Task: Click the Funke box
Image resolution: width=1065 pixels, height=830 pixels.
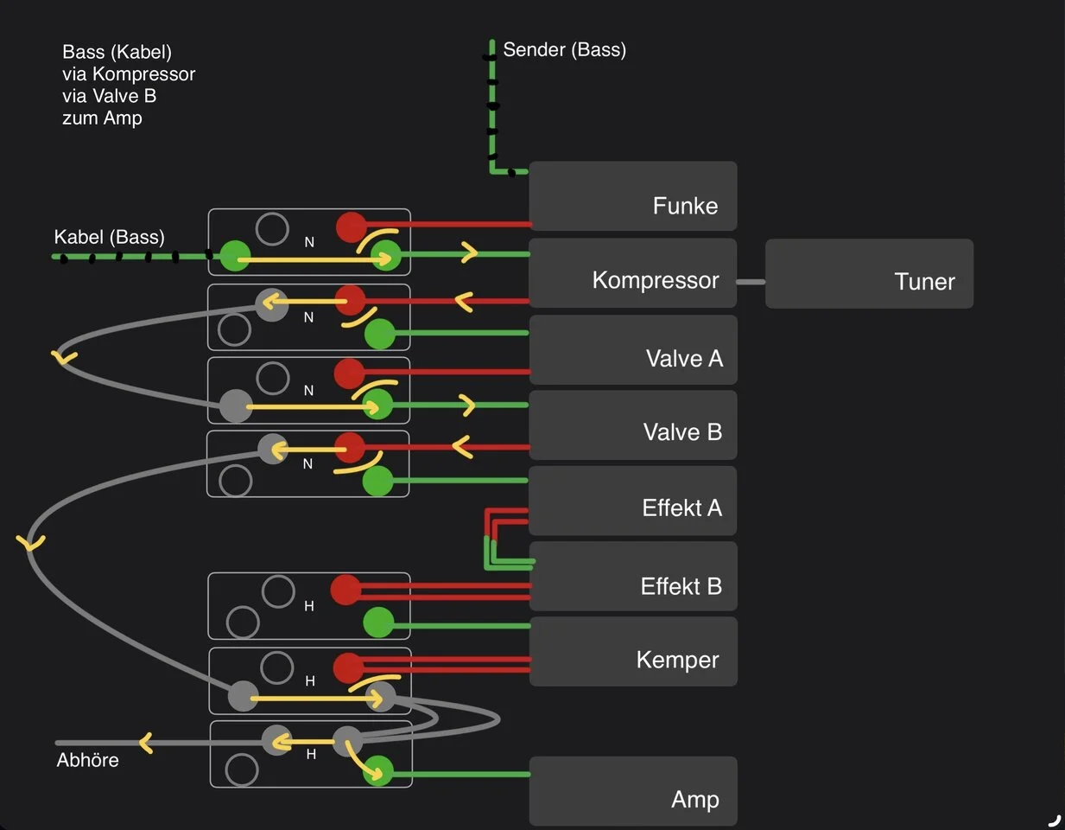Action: (632, 196)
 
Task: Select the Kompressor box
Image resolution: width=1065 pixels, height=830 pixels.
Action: (632, 273)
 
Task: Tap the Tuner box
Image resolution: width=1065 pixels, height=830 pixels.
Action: (869, 273)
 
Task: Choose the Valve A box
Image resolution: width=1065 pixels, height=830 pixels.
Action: (632, 350)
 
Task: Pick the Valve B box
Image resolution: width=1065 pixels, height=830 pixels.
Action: (632, 425)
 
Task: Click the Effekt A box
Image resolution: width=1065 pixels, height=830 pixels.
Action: (632, 501)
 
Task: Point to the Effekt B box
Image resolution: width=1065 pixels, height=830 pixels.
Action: (632, 577)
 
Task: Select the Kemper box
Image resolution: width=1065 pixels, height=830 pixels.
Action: (632, 652)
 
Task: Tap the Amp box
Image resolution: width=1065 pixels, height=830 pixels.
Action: (632, 791)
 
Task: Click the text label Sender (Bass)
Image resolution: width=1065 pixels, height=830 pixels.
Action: (564, 49)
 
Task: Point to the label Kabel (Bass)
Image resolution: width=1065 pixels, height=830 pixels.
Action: (109, 237)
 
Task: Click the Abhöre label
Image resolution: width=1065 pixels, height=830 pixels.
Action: (87, 760)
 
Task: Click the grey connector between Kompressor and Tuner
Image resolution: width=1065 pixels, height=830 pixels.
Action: (751, 282)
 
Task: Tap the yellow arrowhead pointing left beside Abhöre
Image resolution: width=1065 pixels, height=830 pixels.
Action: (145, 743)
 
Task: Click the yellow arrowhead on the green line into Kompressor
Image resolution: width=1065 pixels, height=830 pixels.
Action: (470, 253)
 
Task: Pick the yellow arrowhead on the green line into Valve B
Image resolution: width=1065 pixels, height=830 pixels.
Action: (468, 405)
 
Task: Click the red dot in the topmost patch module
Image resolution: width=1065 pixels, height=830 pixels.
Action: (351, 227)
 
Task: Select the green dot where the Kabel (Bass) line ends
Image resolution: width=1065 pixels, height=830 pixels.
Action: (234, 256)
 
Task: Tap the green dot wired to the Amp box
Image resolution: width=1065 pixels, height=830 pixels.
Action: (377, 771)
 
